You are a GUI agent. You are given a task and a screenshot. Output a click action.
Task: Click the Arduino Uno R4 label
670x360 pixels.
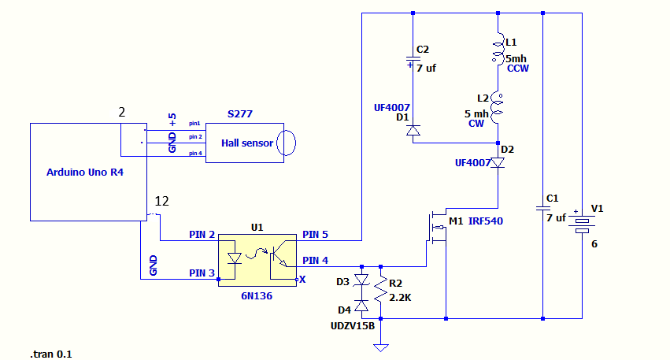[85, 172]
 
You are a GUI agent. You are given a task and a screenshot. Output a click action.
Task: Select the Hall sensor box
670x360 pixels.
[245, 143]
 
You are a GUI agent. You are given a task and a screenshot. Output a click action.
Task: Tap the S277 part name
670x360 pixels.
[240, 114]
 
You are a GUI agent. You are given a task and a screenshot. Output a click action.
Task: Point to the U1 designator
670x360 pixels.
[257, 227]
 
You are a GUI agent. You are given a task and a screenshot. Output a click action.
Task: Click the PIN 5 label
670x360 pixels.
[316, 234]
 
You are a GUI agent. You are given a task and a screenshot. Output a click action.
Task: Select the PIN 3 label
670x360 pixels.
[202, 273]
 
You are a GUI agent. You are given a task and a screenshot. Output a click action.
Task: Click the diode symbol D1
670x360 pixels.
[413, 130]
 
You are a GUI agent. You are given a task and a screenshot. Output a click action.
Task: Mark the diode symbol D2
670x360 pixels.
[498, 162]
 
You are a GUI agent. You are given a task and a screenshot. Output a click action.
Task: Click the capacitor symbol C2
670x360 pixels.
[413, 60]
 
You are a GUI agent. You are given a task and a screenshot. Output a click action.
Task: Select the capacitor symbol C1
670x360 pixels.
[543, 208]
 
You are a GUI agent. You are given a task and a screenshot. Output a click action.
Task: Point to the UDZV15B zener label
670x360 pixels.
[354, 325]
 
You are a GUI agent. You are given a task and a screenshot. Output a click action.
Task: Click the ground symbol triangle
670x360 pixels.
[381, 346]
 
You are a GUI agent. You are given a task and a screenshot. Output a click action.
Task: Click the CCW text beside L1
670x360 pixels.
[519, 69]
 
